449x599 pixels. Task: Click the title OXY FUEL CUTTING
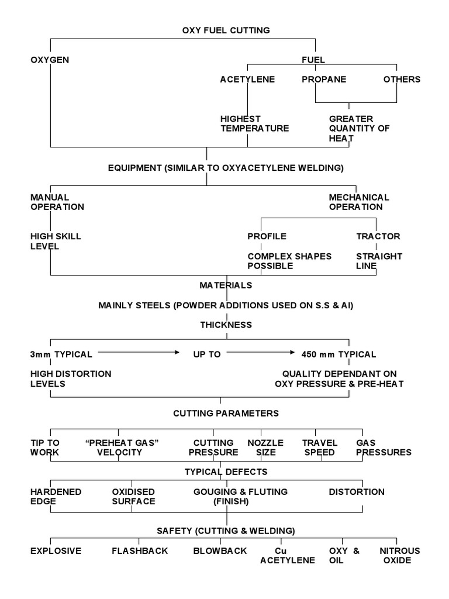(x=226, y=30)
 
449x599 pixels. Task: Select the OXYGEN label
(x=50, y=60)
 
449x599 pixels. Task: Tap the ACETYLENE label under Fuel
(x=247, y=80)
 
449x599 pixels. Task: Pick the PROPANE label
(x=323, y=80)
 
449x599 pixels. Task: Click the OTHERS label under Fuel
(x=402, y=80)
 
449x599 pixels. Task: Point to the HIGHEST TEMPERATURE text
(x=254, y=123)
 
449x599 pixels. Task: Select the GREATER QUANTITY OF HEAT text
(x=359, y=129)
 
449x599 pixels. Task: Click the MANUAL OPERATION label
(x=57, y=202)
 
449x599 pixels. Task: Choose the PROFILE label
(x=267, y=236)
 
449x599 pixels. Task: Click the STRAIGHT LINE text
(x=379, y=261)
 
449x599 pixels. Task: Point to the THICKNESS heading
(x=226, y=325)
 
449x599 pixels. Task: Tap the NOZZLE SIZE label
(x=265, y=447)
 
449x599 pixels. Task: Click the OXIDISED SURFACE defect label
(x=133, y=497)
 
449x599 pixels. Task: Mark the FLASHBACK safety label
(x=140, y=550)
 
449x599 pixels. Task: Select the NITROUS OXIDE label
(x=400, y=555)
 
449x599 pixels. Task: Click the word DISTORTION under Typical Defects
(x=357, y=492)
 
